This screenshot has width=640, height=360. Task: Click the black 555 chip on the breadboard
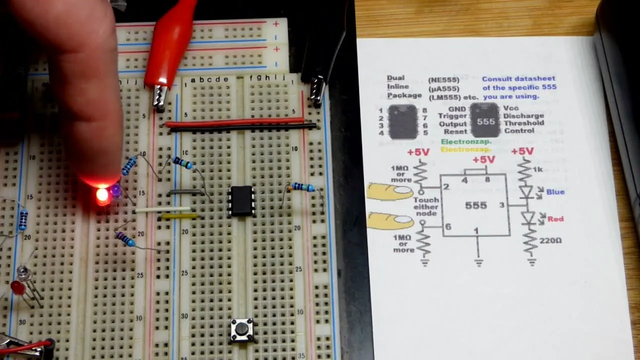241,201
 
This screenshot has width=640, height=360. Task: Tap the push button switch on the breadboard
242,329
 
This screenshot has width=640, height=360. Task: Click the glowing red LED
102,196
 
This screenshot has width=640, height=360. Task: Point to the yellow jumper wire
179,216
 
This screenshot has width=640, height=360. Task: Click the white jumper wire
163,210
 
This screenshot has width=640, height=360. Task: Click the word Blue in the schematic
555,192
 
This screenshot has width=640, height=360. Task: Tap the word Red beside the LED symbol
555,219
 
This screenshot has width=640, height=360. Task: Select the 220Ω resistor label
550,240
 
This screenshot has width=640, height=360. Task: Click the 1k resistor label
537,169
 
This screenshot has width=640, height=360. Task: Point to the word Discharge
523,116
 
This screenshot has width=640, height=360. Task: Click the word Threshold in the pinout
523,123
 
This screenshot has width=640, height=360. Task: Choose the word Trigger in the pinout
452,116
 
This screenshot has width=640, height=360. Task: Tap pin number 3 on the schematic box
502,205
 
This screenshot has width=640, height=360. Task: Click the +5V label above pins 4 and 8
483,160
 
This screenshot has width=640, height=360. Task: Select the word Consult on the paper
495,79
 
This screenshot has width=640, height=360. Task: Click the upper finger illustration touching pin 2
390,191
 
